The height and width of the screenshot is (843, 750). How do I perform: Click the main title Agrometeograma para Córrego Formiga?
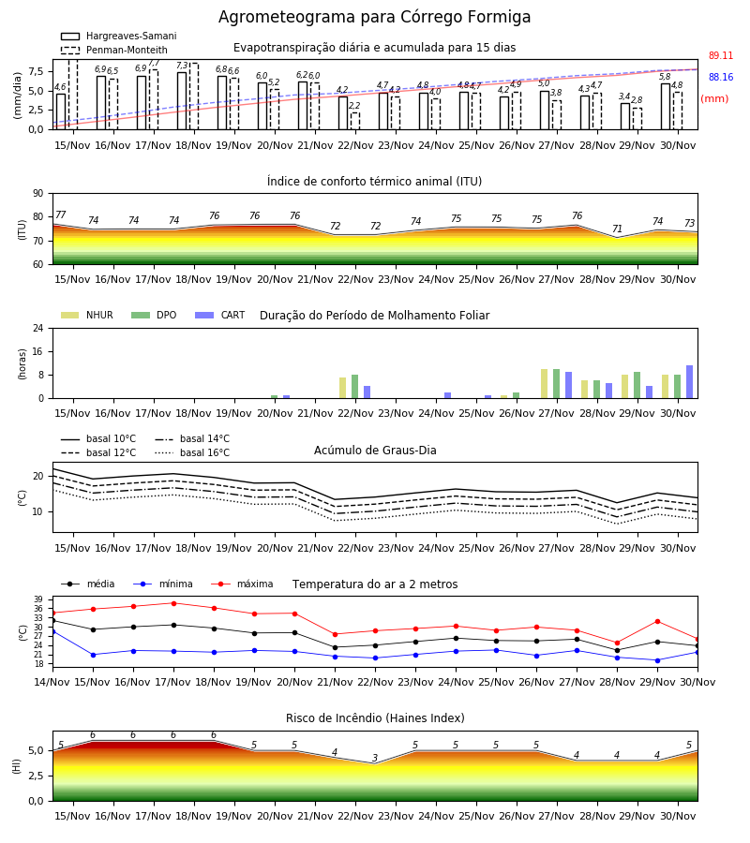click(x=374, y=17)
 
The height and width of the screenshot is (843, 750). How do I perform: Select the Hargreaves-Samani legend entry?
click(x=118, y=36)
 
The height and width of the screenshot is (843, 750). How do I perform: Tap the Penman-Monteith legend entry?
click(x=114, y=50)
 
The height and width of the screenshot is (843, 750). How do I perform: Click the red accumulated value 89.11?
click(x=720, y=55)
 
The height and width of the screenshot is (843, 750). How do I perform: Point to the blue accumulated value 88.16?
click(x=720, y=77)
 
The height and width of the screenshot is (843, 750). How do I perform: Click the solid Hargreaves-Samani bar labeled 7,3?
click(x=182, y=101)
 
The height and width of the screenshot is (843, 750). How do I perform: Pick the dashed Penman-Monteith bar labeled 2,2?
click(x=355, y=121)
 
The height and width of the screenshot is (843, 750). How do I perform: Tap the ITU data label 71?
click(x=617, y=229)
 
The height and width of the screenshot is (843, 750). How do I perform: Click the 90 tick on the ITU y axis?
click(x=38, y=194)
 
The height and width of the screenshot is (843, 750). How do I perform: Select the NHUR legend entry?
click(x=87, y=315)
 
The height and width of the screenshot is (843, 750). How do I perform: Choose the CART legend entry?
click(x=220, y=315)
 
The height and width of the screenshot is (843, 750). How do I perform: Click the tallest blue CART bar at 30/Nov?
click(x=690, y=382)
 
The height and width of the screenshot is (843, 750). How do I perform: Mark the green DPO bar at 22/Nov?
click(x=355, y=387)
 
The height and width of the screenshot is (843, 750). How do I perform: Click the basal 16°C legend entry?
click(x=192, y=452)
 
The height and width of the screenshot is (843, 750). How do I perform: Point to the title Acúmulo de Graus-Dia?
click(x=375, y=451)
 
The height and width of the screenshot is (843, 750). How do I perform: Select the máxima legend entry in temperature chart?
click(x=242, y=584)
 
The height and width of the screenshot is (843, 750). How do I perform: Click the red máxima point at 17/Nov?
click(x=173, y=603)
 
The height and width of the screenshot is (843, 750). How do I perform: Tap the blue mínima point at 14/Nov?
click(x=52, y=631)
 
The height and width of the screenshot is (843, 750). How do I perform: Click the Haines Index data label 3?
click(x=375, y=758)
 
